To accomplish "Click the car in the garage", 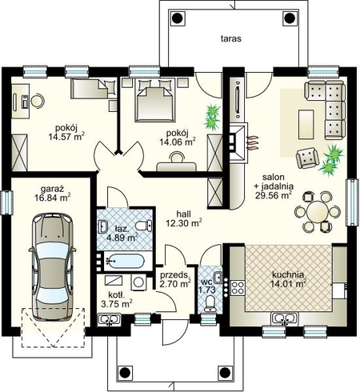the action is coord(52,266).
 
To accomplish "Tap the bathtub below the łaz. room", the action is coord(126,261).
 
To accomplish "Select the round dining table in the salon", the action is coord(318,212).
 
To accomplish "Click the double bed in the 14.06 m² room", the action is coord(155,100).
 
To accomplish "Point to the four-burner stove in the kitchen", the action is coord(238,288).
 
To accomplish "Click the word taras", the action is coord(231,38).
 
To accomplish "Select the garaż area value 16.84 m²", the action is coord(53,198).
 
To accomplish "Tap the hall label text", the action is coord(184,214).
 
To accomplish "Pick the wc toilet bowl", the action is coord(211,304).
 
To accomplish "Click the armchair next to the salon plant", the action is coord(307,158).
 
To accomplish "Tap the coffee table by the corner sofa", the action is coord(306,124).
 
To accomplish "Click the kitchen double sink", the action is coord(285,318).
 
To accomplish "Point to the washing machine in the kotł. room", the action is coord(138,282).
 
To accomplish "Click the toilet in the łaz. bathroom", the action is coord(143,226).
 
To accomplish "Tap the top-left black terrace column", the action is coord(176,18).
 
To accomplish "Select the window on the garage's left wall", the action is coord(6,202).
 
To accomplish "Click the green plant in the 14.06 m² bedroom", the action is coord(213,117).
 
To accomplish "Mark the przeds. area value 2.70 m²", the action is coord(175,284).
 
